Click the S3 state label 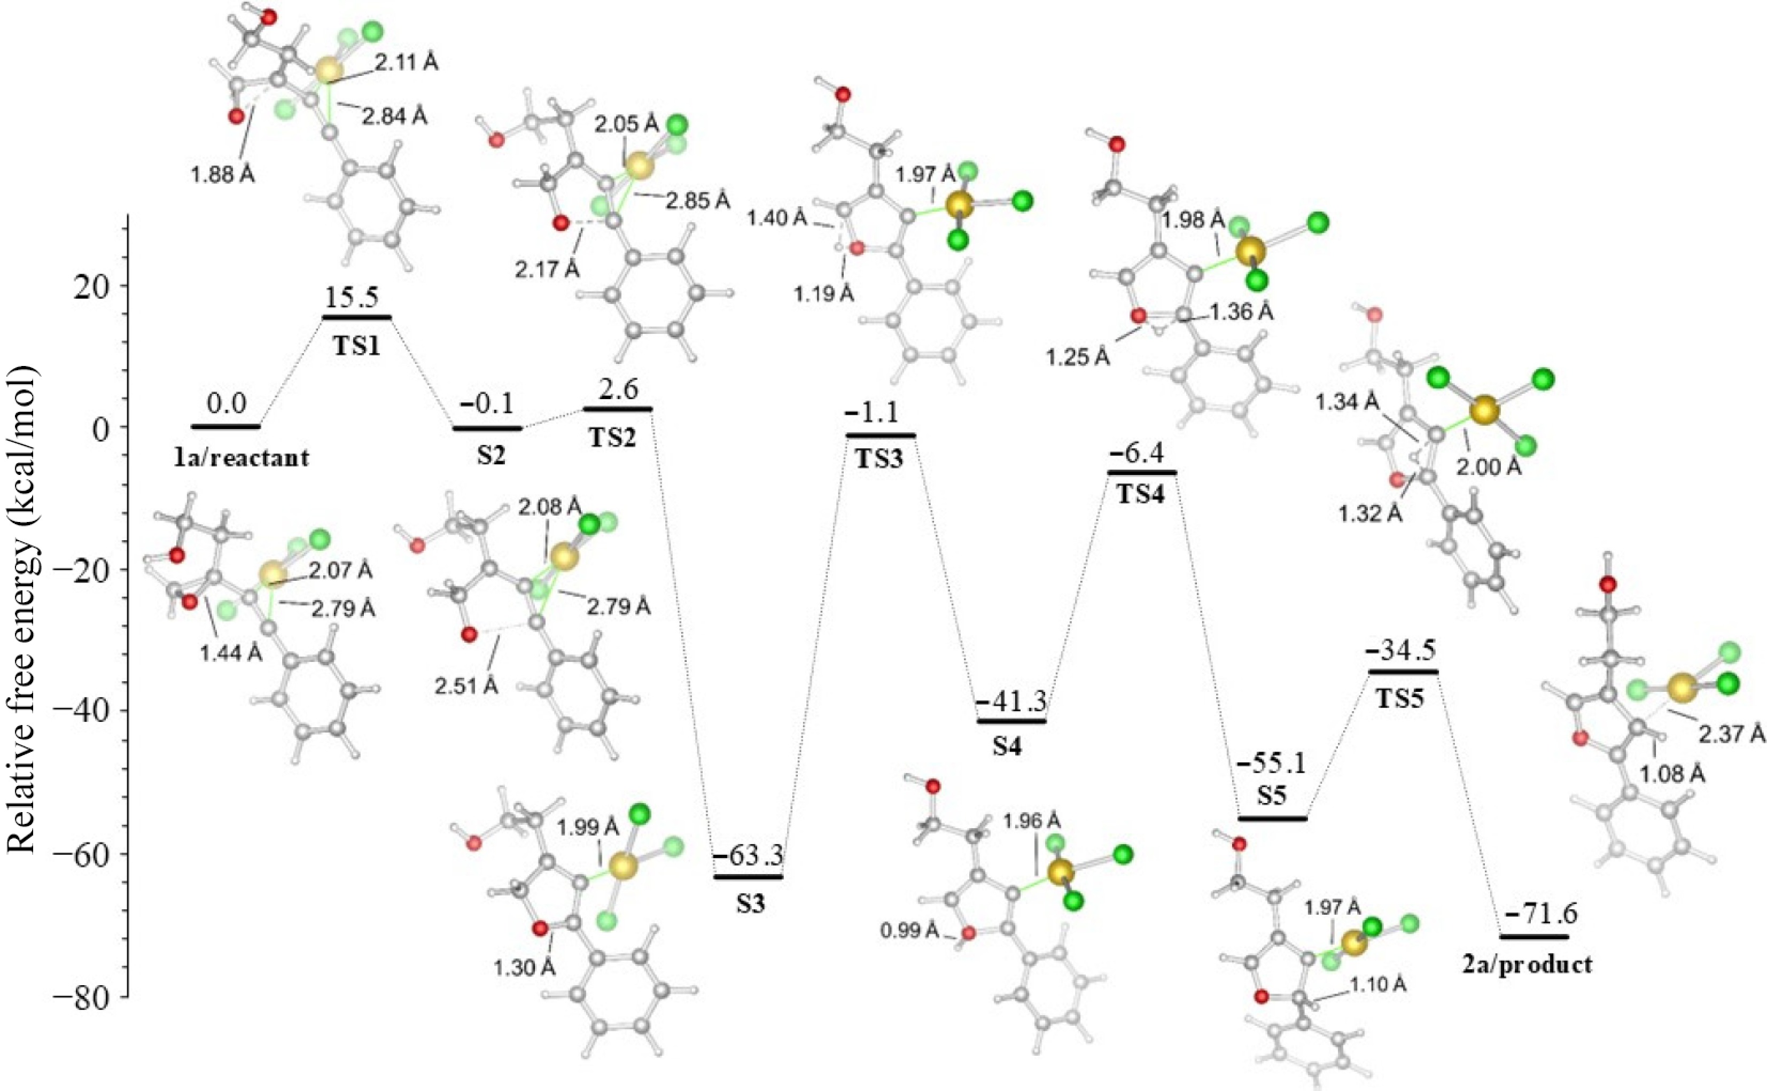[x=750, y=903]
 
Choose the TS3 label [x=879, y=459]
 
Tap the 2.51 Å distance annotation [x=465, y=685]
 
